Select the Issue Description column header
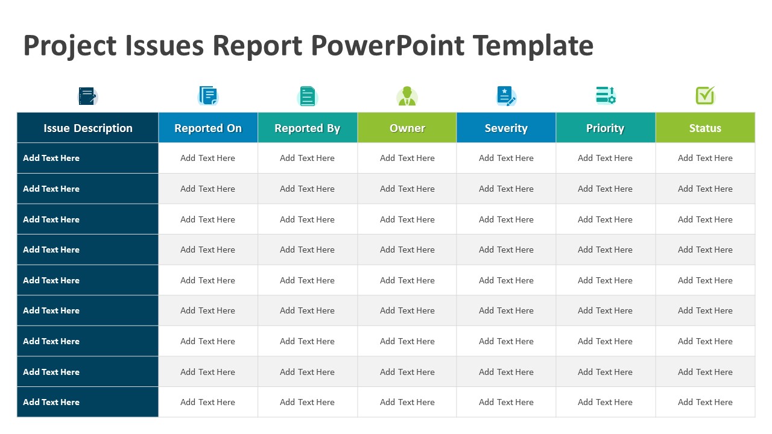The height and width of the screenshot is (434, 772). [88, 128]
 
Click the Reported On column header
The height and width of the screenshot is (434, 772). [208, 128]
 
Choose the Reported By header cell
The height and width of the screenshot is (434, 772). [308, 128]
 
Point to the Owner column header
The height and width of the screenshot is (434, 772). [407, 128]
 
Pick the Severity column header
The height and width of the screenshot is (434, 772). [506, 128]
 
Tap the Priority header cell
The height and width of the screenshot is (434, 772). [606, 128]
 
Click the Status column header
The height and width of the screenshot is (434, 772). [705, 128]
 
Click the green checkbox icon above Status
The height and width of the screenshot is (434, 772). [705, 95]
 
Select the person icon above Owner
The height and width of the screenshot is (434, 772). [407, 96]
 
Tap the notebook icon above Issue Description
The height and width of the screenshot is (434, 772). [87, 96]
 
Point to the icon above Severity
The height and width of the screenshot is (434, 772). [506, 96]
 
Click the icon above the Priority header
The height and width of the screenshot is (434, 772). [606, 95]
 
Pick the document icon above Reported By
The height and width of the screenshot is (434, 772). [308, 96]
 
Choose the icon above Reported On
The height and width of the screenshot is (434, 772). [208, 96]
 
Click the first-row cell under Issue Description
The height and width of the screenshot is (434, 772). [88, 158]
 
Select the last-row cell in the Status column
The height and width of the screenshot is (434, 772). [705, 402]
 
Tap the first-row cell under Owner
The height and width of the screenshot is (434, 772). [407, 158]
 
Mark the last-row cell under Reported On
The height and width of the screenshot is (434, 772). [208, 402]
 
